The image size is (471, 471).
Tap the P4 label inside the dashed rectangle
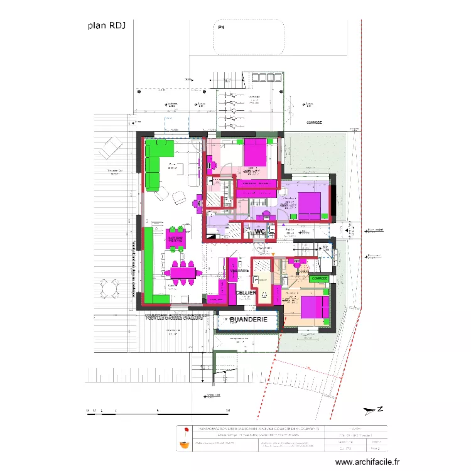(221, 28)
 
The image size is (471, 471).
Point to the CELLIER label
(245, 293)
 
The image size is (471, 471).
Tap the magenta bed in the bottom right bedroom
(314, 307)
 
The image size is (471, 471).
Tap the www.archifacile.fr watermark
(367, 461)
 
